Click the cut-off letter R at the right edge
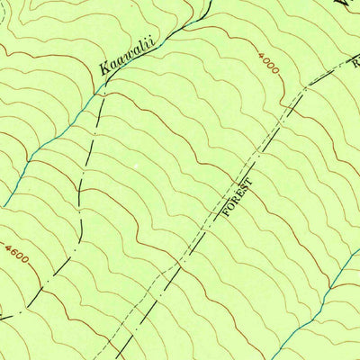355,62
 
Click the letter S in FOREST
246,188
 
